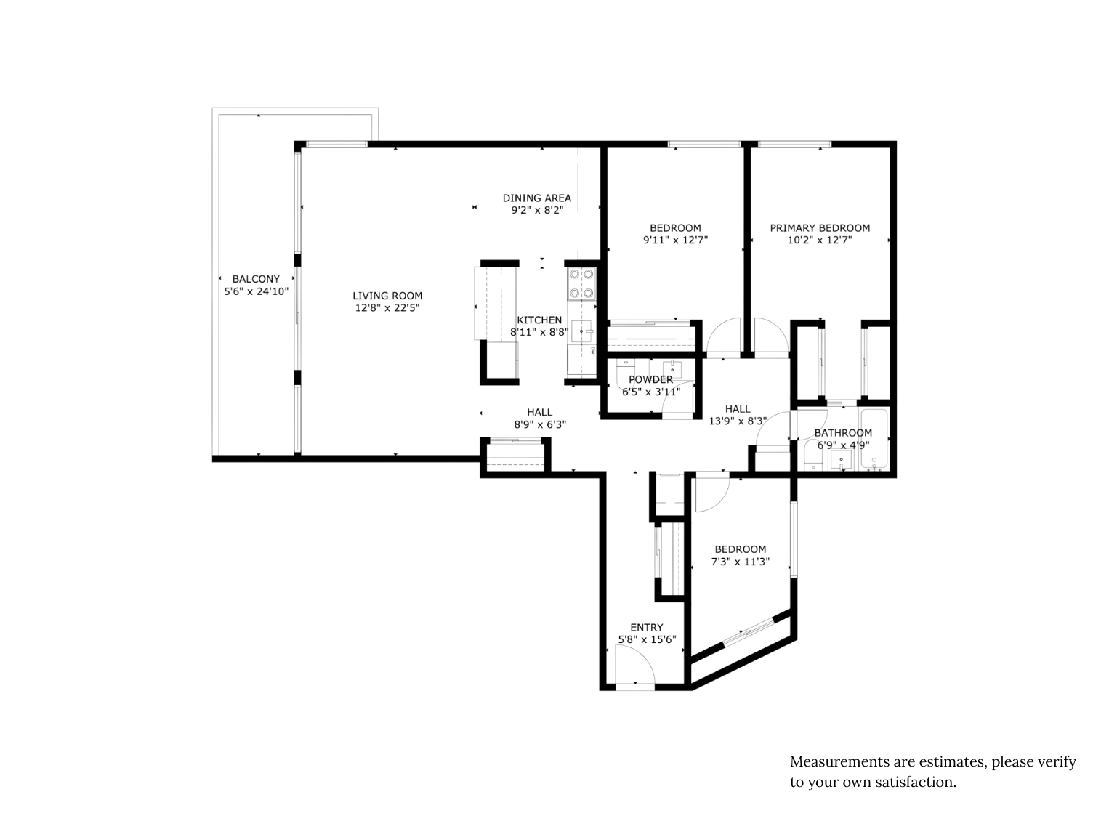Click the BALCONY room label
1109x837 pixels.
[256, 279]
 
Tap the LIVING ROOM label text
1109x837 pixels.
[387, 296]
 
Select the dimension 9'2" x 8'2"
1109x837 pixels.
[537, 210]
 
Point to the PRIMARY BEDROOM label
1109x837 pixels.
[820, 228]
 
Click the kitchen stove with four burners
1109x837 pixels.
[581, 284]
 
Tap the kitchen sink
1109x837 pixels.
[581, 331]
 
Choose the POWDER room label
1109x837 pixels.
[650, 379]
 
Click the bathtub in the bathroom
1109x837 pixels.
[874, 440]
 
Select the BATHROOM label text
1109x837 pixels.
[843, 433]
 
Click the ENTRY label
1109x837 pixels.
[647, 627]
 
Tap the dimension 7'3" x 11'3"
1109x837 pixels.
[740, 561]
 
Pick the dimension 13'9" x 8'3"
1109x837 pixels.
[738, 421]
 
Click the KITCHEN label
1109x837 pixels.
[539, 320]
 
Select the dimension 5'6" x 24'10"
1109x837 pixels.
[256, 291]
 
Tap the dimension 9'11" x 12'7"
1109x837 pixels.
[675, 240]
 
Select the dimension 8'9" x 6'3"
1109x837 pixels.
[540, 424]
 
